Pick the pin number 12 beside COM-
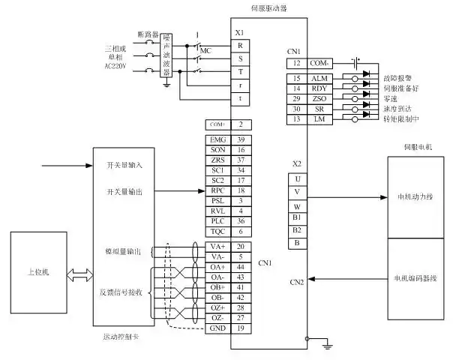tap(297, 63)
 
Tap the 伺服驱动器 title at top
tap(268, 8)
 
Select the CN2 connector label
tap(297, 282)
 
